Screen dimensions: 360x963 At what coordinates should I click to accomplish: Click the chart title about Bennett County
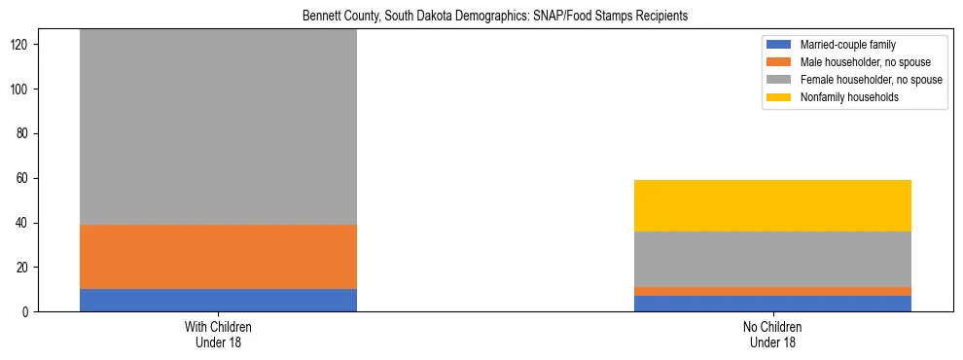tap(481, 17)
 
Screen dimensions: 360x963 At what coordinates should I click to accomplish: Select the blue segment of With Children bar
tap(218, 300)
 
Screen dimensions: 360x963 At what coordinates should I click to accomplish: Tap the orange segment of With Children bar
tap(218, 257)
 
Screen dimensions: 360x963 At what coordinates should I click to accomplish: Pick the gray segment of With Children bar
tap(218, 126)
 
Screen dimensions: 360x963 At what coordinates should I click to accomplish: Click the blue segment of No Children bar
tap(772, 304)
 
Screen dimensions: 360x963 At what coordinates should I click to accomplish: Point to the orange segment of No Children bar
tap(772, 291)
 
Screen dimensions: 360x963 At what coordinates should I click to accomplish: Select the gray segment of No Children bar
tap(772, 259)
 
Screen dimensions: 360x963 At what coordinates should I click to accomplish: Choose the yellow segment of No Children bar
tap(772, 205)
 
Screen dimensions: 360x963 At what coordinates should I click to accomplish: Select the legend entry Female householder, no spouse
tap(870, 80)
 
